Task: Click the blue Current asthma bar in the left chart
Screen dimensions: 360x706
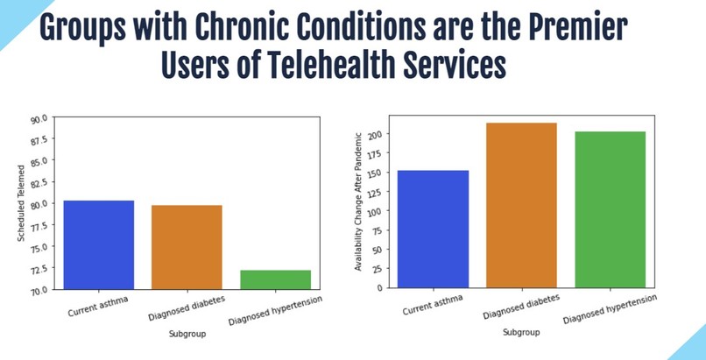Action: coord(98,244)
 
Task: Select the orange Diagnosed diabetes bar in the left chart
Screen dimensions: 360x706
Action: coord(187,247)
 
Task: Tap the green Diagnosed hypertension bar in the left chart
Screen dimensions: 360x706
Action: coord(275,279)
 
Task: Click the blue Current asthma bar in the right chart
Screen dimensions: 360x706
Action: coord(433,229)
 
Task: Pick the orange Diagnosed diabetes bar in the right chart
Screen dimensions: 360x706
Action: coord(522,205)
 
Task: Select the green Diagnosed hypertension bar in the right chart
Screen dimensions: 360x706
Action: coord(610,209)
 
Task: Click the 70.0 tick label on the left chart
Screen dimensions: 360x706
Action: coord(40,290)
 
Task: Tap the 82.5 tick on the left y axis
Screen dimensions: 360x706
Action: coord(40,182)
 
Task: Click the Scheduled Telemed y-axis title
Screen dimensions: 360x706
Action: coord(22,203)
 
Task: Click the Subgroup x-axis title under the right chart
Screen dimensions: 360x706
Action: coord(521,333)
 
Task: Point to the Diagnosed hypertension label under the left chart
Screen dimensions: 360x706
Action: coord(275,311)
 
